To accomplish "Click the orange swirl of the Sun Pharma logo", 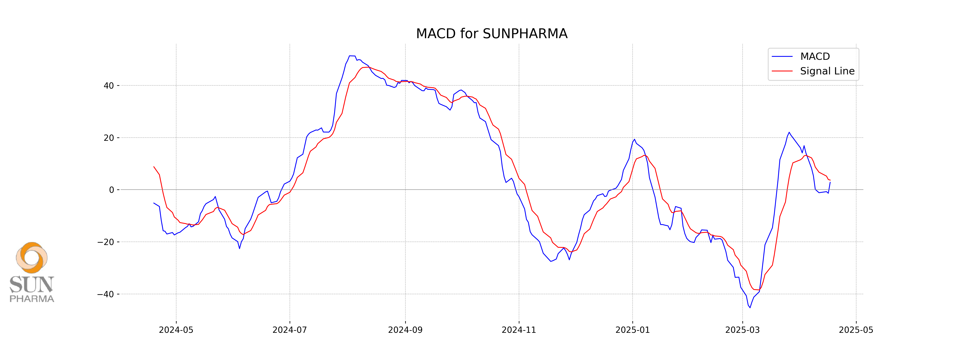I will [x=32, y=257].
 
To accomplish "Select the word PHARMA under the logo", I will [x=32, y=299].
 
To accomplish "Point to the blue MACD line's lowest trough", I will [x=750, y=307].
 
